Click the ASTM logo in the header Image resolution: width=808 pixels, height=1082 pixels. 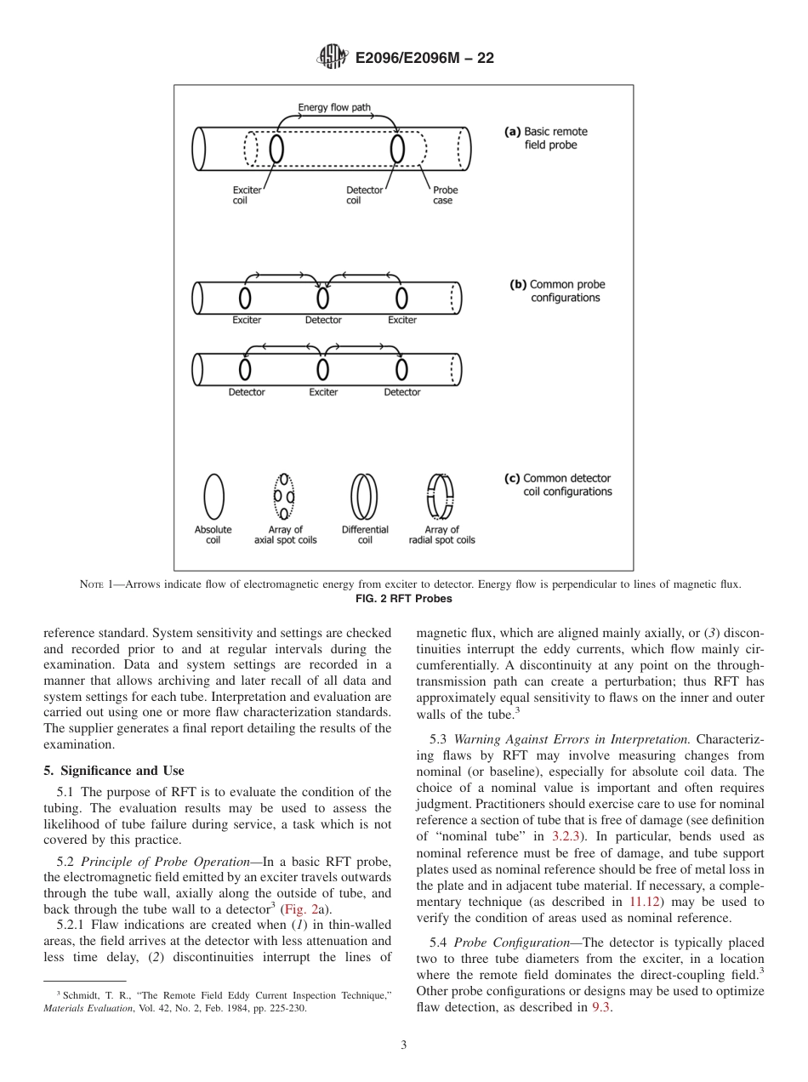333,57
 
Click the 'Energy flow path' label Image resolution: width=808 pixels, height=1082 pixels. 333,108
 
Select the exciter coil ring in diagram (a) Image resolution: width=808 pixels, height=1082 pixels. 276,149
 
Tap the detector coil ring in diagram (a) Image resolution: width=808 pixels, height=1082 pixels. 397,149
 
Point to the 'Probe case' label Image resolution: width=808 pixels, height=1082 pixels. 445,196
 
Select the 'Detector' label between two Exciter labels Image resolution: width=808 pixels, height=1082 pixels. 323,320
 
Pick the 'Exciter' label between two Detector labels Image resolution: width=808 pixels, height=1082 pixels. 323,392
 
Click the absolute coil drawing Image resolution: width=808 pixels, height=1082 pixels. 213,496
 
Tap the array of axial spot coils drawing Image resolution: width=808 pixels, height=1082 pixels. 284,496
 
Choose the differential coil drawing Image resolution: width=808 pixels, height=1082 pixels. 364,497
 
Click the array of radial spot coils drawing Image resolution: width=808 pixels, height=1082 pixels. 441,497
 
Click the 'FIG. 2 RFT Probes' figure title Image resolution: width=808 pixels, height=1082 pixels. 403,598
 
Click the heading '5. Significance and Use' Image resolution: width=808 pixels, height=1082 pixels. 113,771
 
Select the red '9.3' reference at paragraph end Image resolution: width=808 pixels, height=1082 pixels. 600,1007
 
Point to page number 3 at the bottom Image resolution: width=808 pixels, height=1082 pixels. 403,1045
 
